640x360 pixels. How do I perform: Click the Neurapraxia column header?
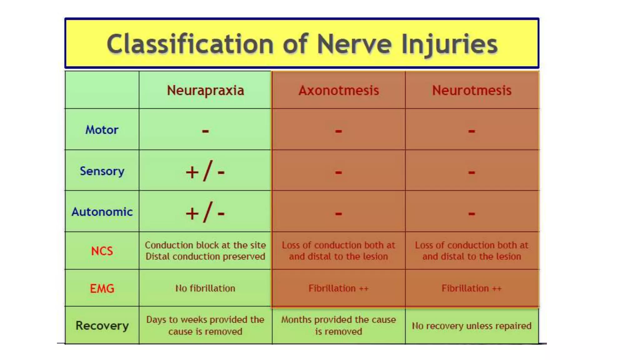point(205,91)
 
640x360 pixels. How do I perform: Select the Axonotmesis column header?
point(339,91)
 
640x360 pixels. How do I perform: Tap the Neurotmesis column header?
point(472,91)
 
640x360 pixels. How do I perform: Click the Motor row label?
point(102,130)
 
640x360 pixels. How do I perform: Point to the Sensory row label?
point(102,171)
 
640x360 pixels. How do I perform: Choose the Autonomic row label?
point(102,212)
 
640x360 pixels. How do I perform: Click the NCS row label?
point(102,251)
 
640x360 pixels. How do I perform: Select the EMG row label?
point(102,288)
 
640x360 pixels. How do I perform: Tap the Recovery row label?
point(102,326)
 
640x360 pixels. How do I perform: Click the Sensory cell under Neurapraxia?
point(205,171)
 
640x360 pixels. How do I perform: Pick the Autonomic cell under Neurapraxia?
point(205,212)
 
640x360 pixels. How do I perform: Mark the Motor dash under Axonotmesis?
point(338,131)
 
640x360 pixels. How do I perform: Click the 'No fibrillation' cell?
point(205,288)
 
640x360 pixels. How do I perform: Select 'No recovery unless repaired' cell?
point(472,326)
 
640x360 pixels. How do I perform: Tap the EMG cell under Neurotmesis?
point(472,288)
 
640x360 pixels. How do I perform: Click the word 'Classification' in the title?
point(190,44)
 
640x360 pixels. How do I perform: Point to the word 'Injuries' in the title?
point(449,44)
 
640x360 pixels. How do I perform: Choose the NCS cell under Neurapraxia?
point(205,251)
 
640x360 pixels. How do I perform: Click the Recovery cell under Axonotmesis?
point(338,325)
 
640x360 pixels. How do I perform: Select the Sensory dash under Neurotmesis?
point(472,172)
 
